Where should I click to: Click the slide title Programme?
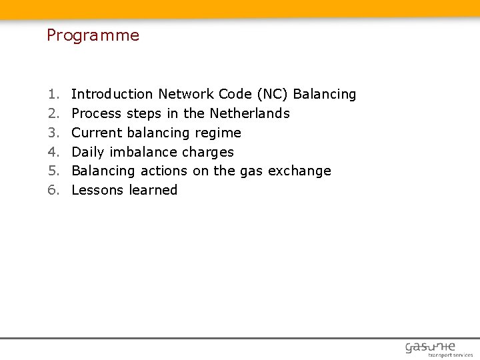(93, 36)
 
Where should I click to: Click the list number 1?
(52, 95)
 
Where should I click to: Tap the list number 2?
(52, 113)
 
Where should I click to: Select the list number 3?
(52, 133)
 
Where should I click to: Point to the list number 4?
(52, 152)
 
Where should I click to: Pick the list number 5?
(52, 171)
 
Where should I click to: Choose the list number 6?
(52, 190)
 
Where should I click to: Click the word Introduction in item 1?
(112, 95)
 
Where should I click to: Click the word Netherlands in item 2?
(249, 113)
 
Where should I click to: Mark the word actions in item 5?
(165, 171)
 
